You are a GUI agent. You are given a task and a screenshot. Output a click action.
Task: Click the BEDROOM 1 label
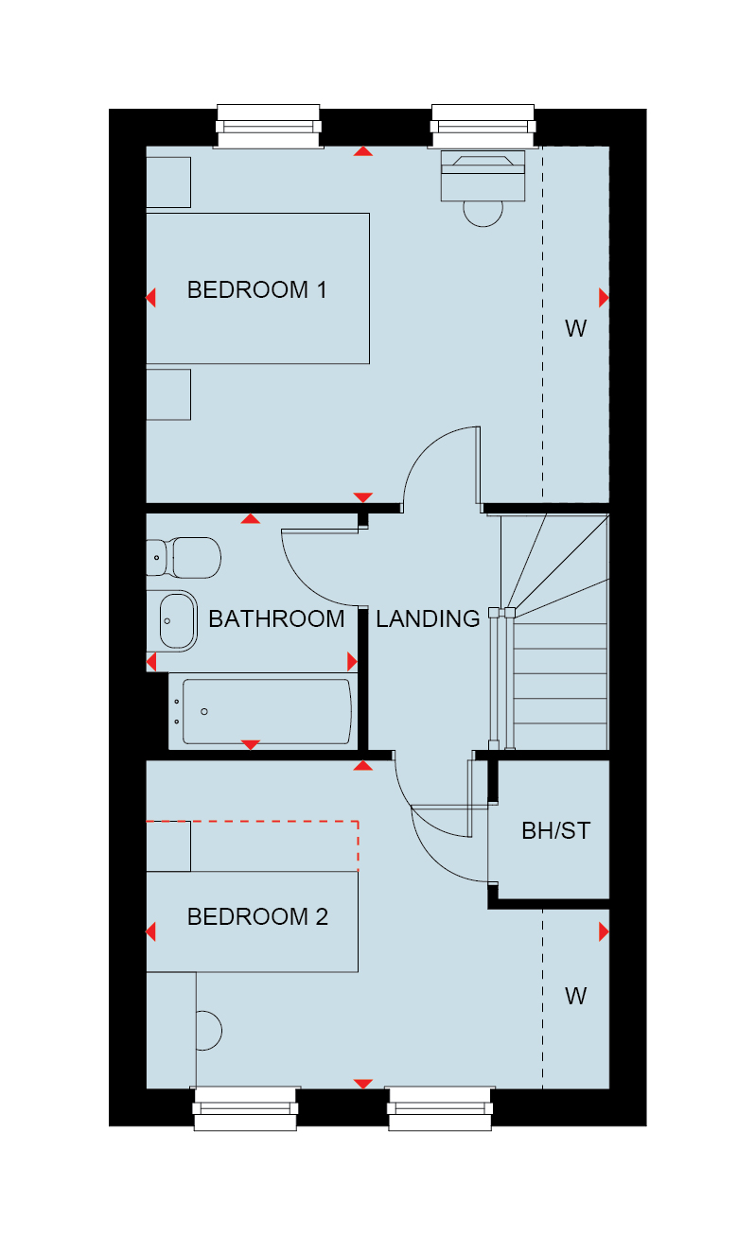[x=257, y=290]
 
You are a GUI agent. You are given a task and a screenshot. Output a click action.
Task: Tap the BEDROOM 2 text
[x=257, y=917]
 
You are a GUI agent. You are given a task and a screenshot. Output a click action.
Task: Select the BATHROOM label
[x=276, y=618]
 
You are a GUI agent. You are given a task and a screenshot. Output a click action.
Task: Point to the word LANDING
[x=428, y=618]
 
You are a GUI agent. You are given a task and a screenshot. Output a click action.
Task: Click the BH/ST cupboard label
[x=556, y=831]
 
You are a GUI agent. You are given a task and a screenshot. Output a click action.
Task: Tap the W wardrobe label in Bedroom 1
[x=576, y=328]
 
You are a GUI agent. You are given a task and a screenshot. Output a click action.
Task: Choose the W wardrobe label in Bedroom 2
[x=576, y=997]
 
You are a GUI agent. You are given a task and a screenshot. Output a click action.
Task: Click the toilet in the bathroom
[x=184, y=557]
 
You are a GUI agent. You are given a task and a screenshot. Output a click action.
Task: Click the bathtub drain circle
[x=204, y=712]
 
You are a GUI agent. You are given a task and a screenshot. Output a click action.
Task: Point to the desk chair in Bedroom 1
[x=483, y=214]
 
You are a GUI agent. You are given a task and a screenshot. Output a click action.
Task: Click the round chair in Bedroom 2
[x=209, y=1031]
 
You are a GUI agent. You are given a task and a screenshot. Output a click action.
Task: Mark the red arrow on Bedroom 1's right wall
[x=604, y=298]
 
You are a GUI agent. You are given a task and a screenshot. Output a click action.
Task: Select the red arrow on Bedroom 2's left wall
[x=150, y=931]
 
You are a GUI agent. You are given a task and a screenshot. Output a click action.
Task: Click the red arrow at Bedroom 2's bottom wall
[x=362, y=1084]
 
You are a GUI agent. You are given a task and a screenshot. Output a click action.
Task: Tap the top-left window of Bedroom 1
[x=268, y=127]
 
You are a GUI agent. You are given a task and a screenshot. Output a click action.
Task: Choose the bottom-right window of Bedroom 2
[x=440, y=1108]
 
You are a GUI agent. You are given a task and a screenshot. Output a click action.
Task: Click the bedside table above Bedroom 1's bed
[x=168, y=183]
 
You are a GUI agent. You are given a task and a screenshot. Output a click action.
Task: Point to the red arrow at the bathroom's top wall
[x=251, y=518]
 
